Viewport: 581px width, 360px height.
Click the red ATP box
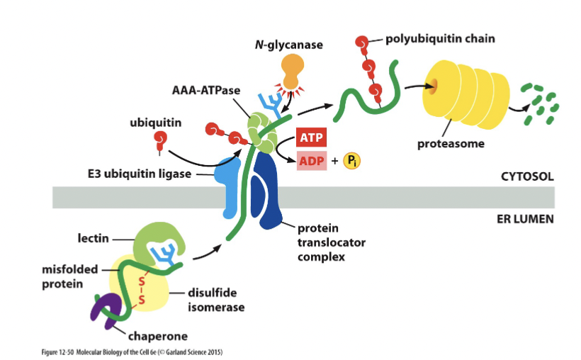[310, 137]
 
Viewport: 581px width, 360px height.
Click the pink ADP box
[310, 161]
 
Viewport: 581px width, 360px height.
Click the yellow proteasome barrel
[461, 96]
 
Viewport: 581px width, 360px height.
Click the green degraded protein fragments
[538, 104]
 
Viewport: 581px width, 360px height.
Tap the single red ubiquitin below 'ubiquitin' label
[161, 139]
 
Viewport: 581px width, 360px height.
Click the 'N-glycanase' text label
[288, 45]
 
